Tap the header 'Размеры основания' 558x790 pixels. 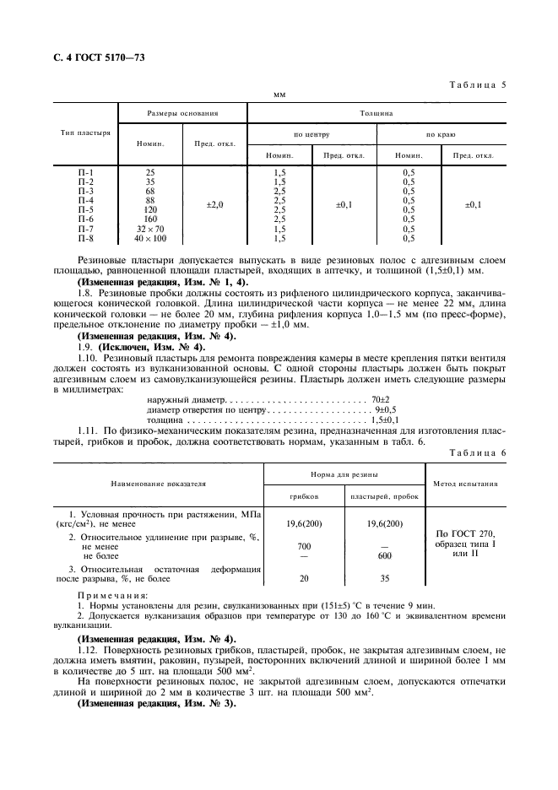(182, 112)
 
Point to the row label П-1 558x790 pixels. (85, 172)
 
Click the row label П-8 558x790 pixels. (85, 239)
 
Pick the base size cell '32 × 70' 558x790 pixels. (150, 230)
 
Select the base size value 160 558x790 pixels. (150, 219)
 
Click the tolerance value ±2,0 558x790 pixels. (215, 205)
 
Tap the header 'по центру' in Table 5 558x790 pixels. (312, 134)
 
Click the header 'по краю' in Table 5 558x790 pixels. (442, 134)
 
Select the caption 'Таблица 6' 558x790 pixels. (477, 453)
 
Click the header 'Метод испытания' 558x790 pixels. (466, 484)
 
